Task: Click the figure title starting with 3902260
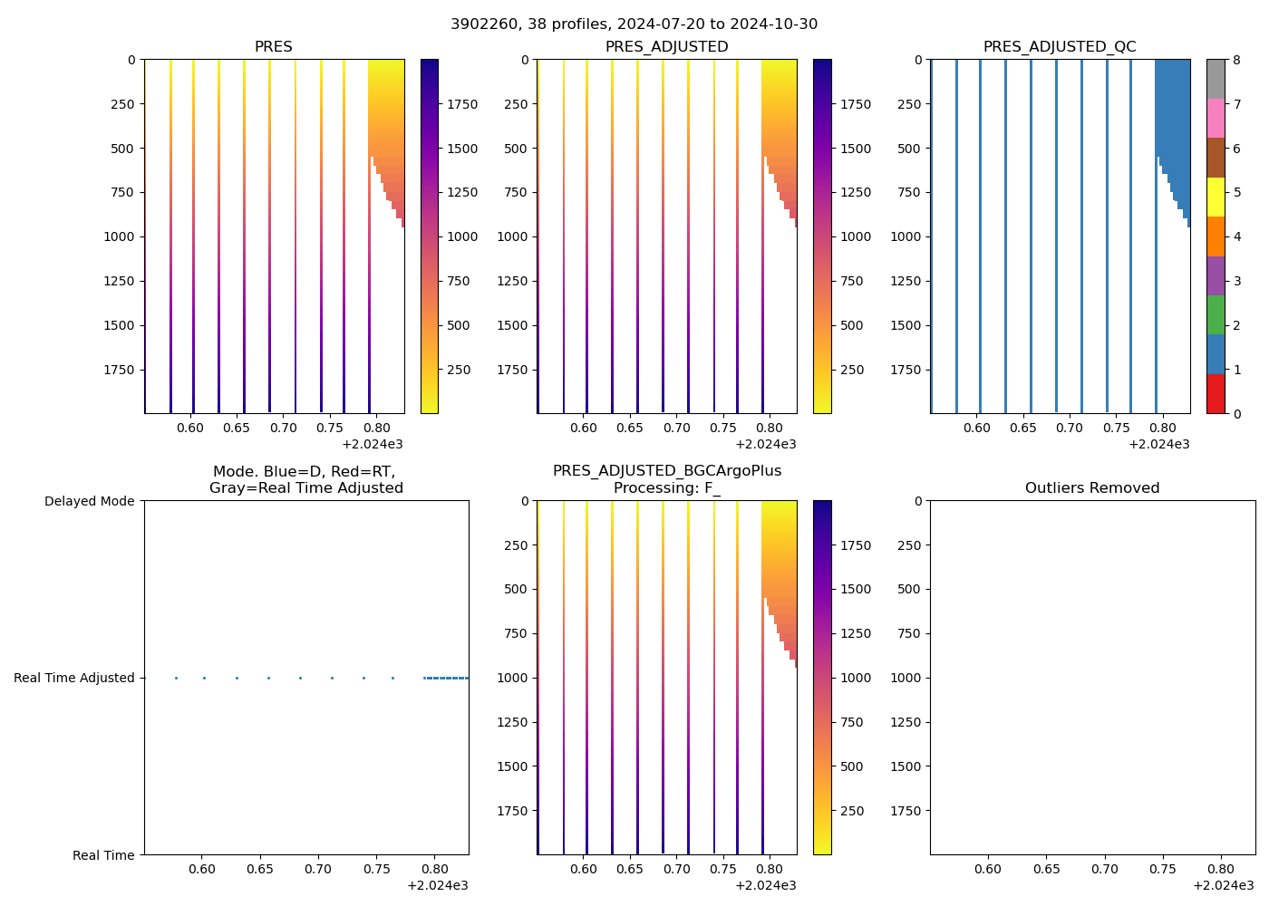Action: (634, 24)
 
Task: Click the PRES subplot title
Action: (274, 46)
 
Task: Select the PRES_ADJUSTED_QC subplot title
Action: (1060, 46)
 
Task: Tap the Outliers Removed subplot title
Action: (1092, 487)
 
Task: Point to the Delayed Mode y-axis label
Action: (89, 501)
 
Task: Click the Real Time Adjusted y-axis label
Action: (74, 678)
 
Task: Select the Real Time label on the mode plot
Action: (103, 855)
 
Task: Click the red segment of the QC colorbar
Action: (1216, 394)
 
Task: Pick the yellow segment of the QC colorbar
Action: (1216, 198)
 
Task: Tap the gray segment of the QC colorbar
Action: (1216, 79)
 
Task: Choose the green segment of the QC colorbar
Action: (1216, 314)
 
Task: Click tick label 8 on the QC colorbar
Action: (1235, 60)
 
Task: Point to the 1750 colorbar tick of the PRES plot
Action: (461, 104)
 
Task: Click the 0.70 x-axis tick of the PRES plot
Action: (283, 428)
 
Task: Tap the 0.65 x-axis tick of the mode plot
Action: (260, 869)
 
